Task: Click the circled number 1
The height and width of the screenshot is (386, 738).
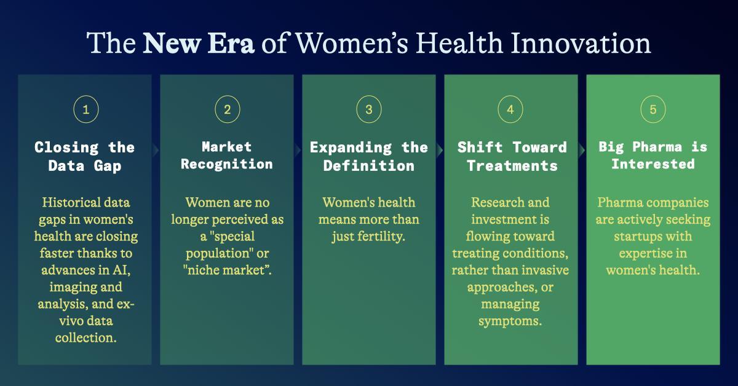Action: pos(86,109)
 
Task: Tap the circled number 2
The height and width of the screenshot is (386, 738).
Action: pos(228,109)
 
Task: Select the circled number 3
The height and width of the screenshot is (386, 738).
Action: pos(369,109)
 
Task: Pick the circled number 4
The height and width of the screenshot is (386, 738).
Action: pos(510,109)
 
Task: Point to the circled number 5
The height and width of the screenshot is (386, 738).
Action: pos(653,109)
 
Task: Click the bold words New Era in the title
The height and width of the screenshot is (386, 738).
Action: pos(198,43)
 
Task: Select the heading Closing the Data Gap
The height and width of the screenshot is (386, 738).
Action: pos(85,157)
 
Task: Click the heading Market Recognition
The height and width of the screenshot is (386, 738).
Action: pos(227,156)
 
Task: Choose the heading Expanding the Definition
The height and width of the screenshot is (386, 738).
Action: pos(369,157)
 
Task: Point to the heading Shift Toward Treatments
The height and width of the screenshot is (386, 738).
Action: pos(512,157)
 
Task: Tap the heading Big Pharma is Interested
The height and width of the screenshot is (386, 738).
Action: pos(653,156)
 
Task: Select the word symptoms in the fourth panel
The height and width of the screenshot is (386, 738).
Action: pos(510,321)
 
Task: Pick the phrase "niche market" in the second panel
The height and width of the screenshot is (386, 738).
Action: pos(228,270)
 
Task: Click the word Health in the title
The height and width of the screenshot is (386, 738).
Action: pos(459,43)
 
